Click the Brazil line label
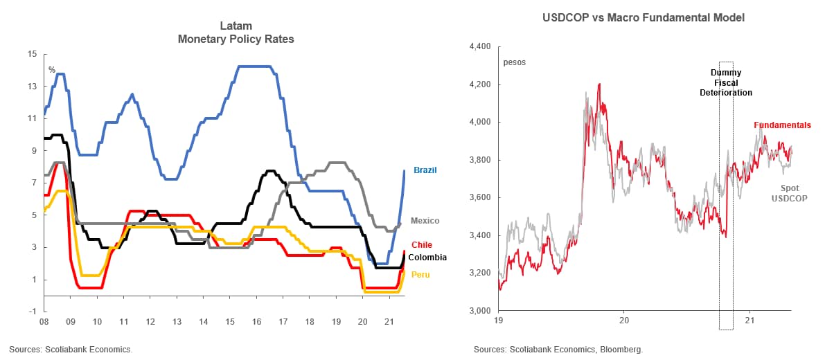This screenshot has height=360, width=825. pyautogui.click(x=425, y=170)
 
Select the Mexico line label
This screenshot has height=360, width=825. pyautogui.click(x=425, y=220)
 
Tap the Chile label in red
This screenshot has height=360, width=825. pyautogui.click(x=421, y=244)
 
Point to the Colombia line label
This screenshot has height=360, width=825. pyautogui.click(x=427, y=257)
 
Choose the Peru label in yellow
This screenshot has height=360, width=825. pyautogui.click(x=420, y=275)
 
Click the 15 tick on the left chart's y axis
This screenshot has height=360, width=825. pyautogui.click(x=32, y=54)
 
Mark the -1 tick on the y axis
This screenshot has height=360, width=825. pyautogui.click(x=32, y=311)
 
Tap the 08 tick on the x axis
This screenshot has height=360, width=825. pyautogui.click(x=44, y=322)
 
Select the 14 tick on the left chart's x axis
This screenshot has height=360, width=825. pyautogui.click(x=203, y=322)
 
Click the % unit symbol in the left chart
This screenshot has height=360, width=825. pyautogui.click(x=52, y=69)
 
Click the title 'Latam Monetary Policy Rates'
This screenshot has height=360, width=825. pyautogui.click(x=236, y=33)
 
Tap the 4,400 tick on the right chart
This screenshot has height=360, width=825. pyautogui.click(x=479, y=47)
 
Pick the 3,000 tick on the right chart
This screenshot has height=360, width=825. pyautogui.click(x=479, y=310)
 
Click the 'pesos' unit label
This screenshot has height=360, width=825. pyautogui.click(x=514, y=62)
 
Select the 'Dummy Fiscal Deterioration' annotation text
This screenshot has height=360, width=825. pyautogui.click(x=725, y=82)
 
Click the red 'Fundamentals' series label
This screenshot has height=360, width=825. pyautogui.click(x=782, y=125)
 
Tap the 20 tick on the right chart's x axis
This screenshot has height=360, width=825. pyautogui.click(x=623, y=321)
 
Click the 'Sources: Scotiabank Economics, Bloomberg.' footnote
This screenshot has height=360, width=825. pyautogui.click(x=558, y=350)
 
